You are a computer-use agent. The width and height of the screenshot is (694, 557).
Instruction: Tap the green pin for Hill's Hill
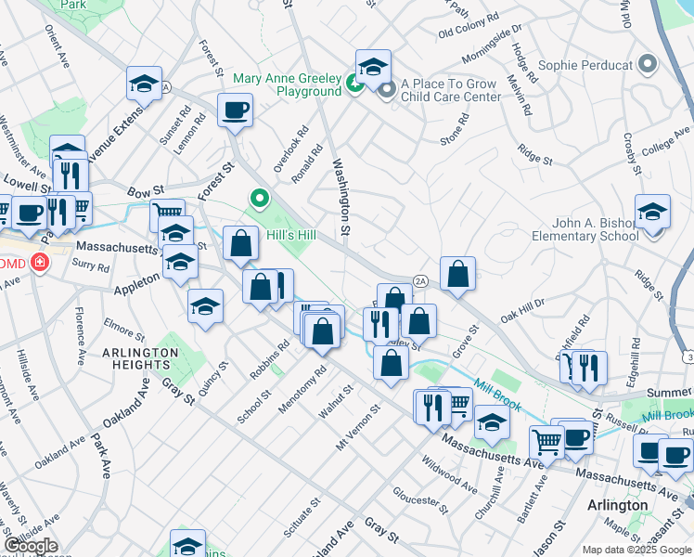pyautogui.click(x=260, y=199)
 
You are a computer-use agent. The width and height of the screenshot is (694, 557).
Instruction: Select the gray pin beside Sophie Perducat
pyautogui.click(x=648, y=65)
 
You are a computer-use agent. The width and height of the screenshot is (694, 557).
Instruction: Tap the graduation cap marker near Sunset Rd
pyautogui.click(x=144, y=84)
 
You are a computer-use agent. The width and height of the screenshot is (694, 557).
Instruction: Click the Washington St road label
pyautogui.click(x=341, y=196)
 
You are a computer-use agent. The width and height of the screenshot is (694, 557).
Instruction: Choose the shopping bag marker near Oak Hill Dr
pyautogui.click(x=457, y=274)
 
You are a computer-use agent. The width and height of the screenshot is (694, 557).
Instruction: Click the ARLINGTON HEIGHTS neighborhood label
pyautogui.click(x=140, y=359)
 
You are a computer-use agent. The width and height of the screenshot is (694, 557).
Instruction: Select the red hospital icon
pyautogui.click(x=39, y=263)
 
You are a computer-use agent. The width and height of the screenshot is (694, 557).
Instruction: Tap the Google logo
pyautogui.click(x=30, y=546)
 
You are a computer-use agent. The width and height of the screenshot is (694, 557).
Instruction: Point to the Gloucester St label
pyautogui.click(x=419, y=501)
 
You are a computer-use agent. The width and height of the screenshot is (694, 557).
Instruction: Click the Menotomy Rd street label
pyautogui.click(x=309, y=390)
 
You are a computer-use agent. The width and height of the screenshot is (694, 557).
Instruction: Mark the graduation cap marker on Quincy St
pyautogui.click(x=205, y=307)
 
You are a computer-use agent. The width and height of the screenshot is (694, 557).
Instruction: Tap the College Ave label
pyautogui.click(x=664, y=147)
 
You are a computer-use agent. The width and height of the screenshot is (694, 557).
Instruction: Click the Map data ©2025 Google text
pyautogui.click(x=636, y=550)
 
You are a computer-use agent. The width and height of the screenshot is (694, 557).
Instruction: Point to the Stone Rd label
pyautogui.click(x=455, y=130)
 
